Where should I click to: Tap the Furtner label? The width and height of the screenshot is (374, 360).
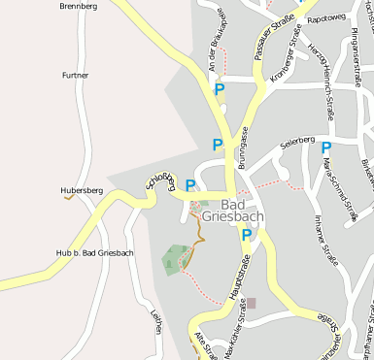75,75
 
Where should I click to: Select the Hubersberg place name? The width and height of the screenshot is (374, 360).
82,191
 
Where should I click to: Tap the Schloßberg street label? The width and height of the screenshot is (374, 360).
161,179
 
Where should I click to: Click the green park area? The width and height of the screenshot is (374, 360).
176,259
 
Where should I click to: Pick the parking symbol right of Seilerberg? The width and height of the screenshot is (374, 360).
327,148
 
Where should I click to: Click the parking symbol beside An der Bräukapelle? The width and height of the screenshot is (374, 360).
220,89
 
